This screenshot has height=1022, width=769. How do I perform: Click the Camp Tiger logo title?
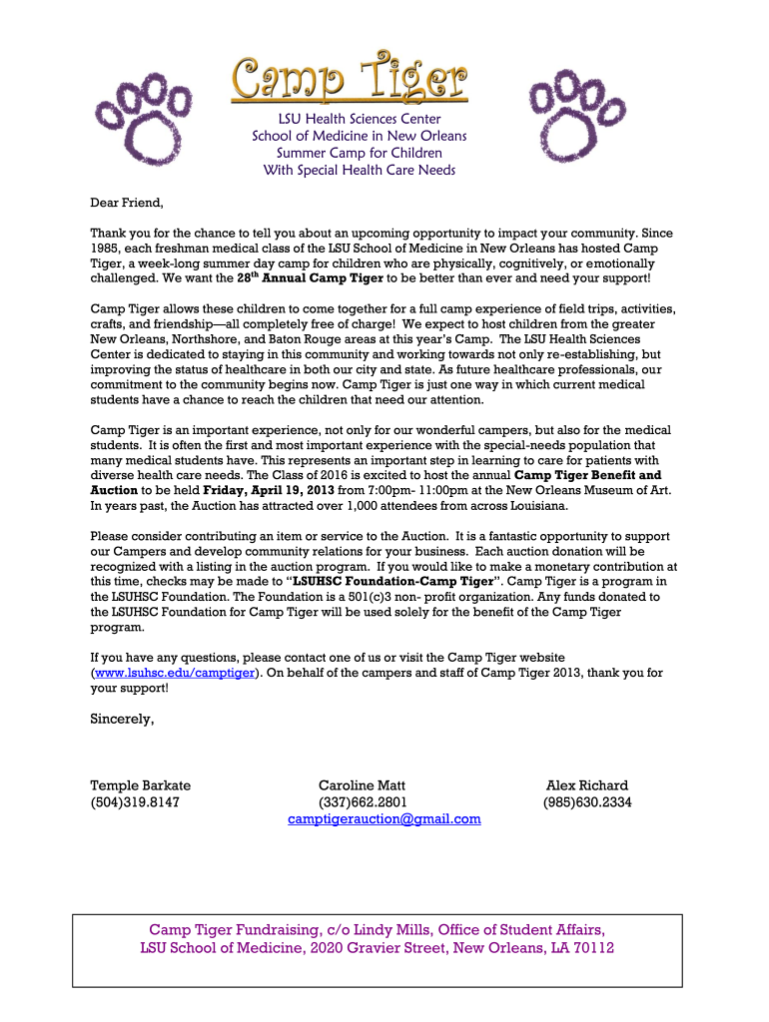pyautogui.click(x=350, y=78)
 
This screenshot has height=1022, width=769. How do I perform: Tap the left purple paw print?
pyautogui.click(x=140, y=107)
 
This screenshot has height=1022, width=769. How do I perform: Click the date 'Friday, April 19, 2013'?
pyautogui.click(x=272, y=490)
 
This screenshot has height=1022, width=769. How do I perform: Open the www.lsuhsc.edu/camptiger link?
pyautogui.click(x=174, y=673)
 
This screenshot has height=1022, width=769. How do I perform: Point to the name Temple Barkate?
pyautogui.click(x=140, y=785)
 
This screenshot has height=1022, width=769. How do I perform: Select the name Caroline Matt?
pyautogui.click(x=362, y=785)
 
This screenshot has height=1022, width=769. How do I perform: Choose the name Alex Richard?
pyautogui.click(x=587, y=785)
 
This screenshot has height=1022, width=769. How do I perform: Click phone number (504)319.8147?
pyautogui.click(x=135, y=801)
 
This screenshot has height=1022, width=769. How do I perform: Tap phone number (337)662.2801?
pyautogui.click(x=362, y=801)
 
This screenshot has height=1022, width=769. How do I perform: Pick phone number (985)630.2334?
pyautogui.click(x=587, y=801)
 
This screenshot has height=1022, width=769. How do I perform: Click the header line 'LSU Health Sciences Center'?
pyautogui.click(x=359, y=119)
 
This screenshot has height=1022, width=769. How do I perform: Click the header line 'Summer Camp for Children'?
pyautogui.click(x=359, y=153)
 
